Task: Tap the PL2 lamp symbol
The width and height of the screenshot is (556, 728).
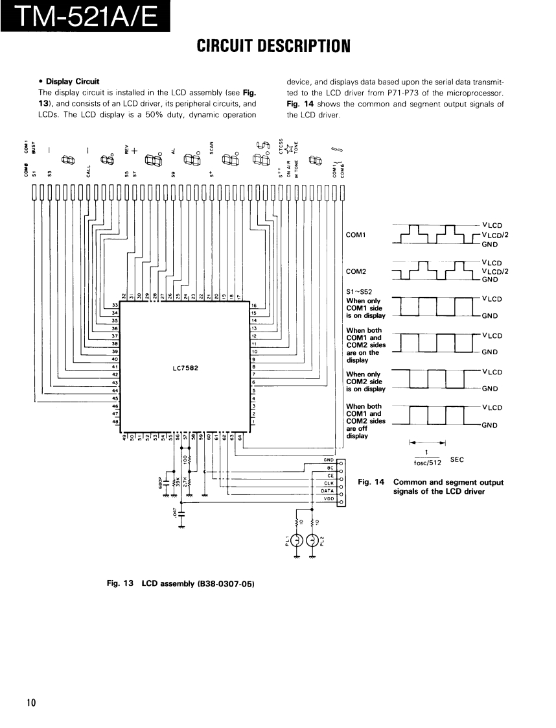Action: point(313,539)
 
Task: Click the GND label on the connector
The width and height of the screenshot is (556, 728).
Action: point(328,460)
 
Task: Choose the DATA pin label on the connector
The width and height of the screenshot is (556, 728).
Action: point(327,491)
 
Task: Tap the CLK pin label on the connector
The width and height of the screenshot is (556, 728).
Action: point(329,483)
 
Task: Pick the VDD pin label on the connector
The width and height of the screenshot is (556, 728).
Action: point(328,499)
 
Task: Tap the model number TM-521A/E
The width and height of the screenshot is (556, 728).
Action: point(86,16)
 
